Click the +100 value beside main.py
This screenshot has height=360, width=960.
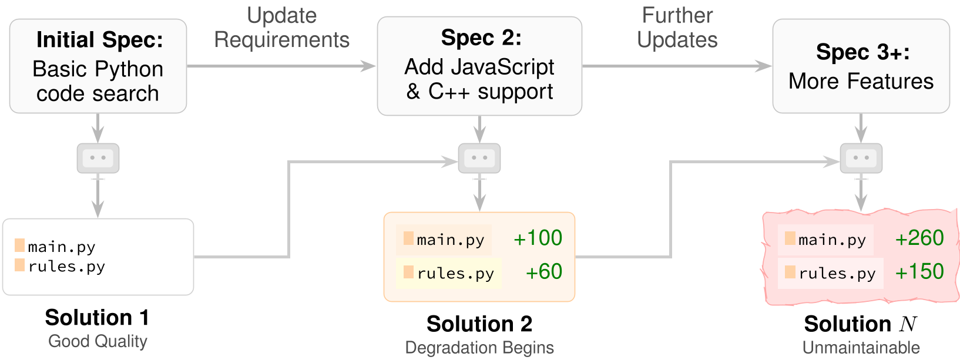point(538,238)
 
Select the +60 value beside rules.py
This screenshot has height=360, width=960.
point(544,272)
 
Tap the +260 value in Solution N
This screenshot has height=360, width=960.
point(919,238)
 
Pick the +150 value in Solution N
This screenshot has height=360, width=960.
point(919,272)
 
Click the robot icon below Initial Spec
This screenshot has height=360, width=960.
point(98,158)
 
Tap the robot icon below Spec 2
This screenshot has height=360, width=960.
point(479,158)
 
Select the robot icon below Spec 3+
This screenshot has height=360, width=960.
point(861,158)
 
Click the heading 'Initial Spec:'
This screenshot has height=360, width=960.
point(100,40)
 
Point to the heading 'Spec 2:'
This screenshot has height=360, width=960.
point(481,38)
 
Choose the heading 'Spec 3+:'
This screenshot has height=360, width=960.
point(862,52)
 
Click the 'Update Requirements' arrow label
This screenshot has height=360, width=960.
point(281,28)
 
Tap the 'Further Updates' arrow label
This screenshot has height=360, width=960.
point(677,28)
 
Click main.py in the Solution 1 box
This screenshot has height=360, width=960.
point(61,247)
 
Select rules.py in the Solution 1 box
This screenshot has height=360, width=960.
point(66,267)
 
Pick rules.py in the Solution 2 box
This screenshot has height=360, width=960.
point(455,274)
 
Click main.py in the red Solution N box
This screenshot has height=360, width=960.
point(832,240)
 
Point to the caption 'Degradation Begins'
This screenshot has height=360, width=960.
point(479,348)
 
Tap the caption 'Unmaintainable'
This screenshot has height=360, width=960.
point(861,348)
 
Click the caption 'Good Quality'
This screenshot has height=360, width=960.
point(98,342)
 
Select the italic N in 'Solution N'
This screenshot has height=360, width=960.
point(908,324)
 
